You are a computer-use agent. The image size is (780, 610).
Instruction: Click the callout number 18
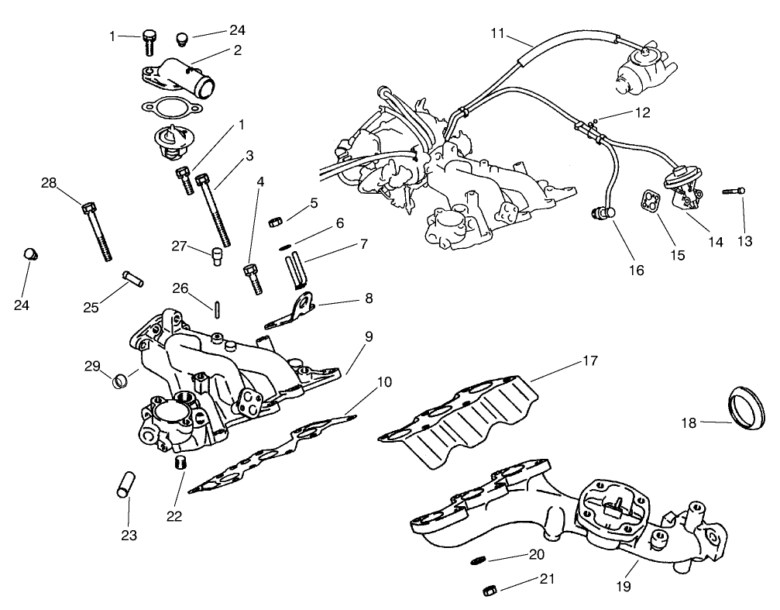[689, 422]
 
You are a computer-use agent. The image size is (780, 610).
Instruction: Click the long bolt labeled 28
[96, 229]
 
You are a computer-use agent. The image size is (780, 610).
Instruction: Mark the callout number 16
[636, 271]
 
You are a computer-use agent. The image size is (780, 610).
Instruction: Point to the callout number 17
[590, 360]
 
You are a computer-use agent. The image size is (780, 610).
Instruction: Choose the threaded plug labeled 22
[180, 464]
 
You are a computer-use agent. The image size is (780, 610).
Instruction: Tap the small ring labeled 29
[121, 380]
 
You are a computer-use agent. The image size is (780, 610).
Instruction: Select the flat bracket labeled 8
[292, 310]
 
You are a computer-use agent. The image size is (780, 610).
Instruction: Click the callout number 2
[237, 50]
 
